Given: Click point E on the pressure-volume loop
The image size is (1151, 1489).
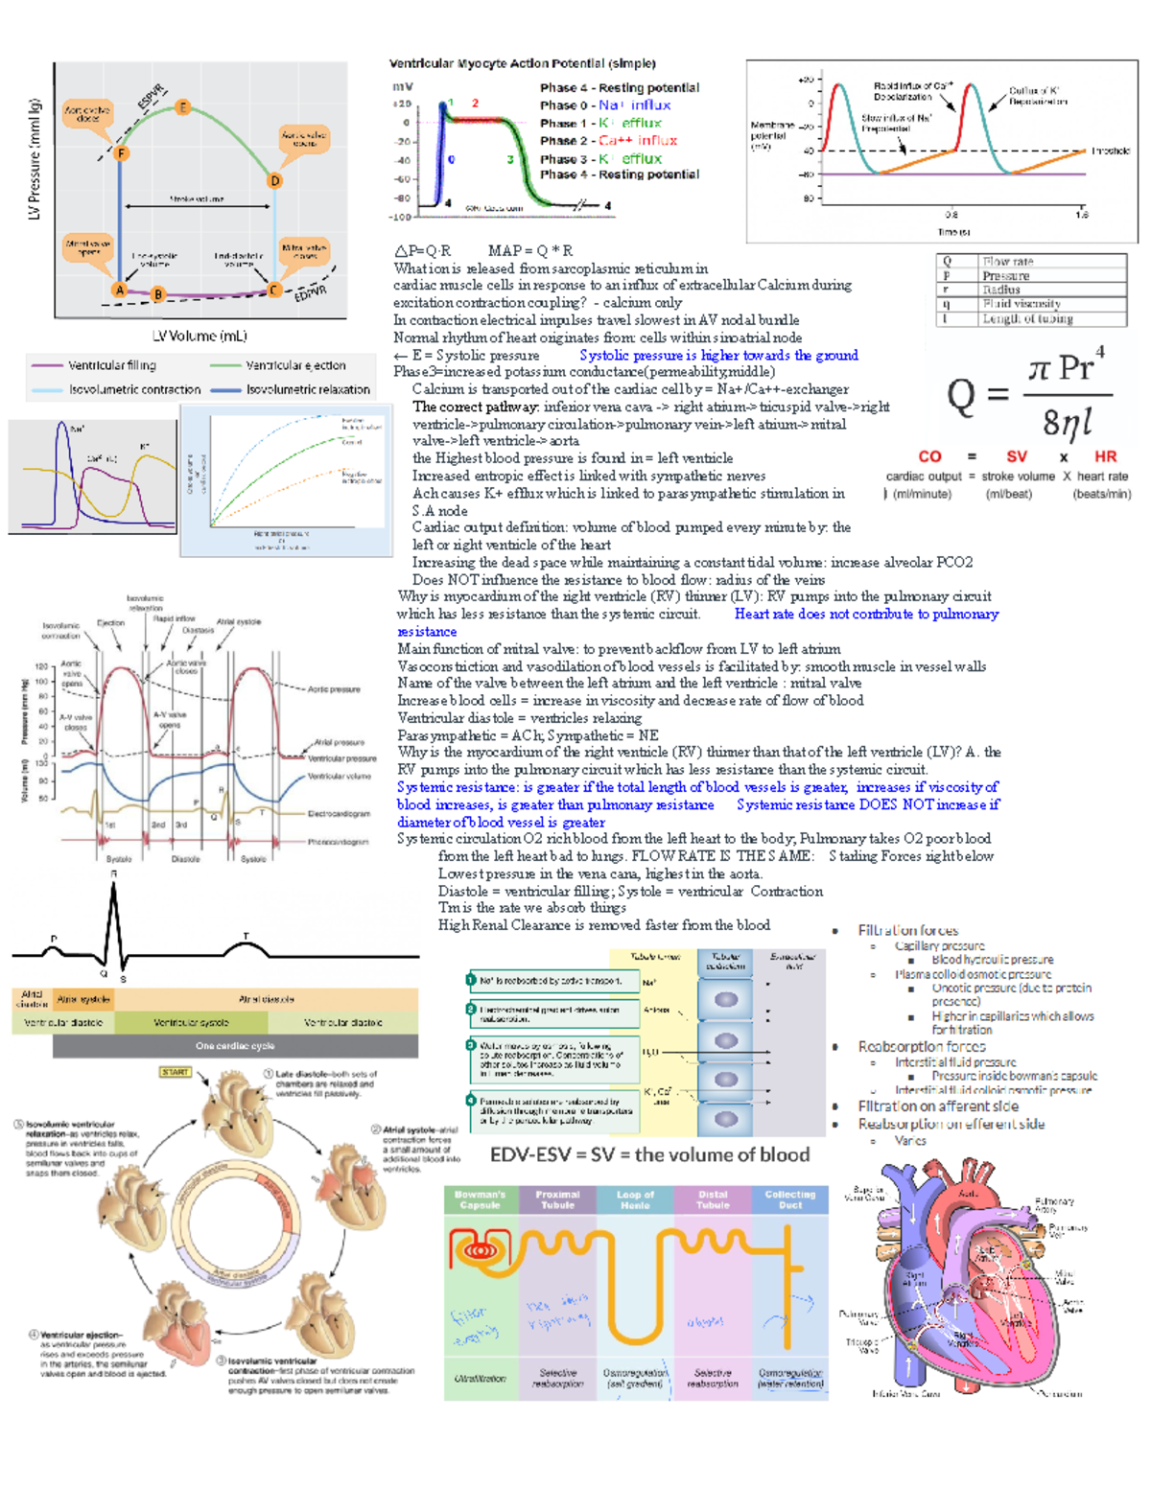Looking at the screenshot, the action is point(182,107).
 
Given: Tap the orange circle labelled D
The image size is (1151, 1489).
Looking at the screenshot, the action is point(275,180).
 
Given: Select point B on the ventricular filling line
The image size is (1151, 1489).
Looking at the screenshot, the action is point(158,294).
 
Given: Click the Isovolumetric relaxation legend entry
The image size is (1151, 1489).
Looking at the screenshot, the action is point(307,390).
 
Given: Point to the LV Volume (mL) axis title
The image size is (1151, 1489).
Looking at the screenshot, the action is point(200,336).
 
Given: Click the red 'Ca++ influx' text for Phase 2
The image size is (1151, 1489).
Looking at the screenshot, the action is point(638,140).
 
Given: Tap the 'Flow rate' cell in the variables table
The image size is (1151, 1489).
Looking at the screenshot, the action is point(1007,261).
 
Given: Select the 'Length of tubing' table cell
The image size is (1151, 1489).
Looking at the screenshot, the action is point(1027,318).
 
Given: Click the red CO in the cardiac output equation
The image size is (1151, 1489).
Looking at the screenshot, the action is point(929,457).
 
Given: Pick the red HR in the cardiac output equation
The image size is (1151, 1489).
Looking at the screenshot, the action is point(1105,457).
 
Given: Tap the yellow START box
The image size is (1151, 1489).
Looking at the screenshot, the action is point(176,1072).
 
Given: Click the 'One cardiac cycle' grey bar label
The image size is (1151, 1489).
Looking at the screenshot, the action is point(235,1046).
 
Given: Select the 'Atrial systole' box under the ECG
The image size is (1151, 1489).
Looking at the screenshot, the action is point(83,999).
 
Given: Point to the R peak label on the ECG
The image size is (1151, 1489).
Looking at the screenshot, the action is point(113,873).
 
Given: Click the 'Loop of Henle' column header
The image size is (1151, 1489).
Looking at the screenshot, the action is point(635,1199).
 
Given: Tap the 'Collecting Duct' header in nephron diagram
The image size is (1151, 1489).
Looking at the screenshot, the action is point(790,1199).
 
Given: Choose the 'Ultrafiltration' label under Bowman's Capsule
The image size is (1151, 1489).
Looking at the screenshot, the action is point(480,1378).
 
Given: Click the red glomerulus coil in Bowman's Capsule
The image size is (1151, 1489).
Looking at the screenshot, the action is point(477,1250).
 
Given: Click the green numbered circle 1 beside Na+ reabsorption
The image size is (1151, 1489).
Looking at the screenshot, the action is point(471,980).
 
